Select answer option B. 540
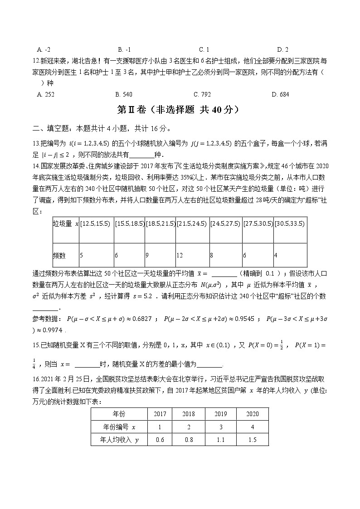pyautogui.click(x=124, y=94)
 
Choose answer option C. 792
pyautogui.click(x=202, y=94)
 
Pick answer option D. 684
pyautogui.click(x=280, y=94)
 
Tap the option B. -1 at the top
pyautogui.click(x=124, y=49)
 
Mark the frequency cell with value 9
pyautogui.click(x=147, y=256)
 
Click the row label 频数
pyautogui.click(x=59, y=256)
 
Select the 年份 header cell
pyautogui.click(x=119, y=414)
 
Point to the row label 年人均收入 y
pyautogui.click(x=119, y=439)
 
